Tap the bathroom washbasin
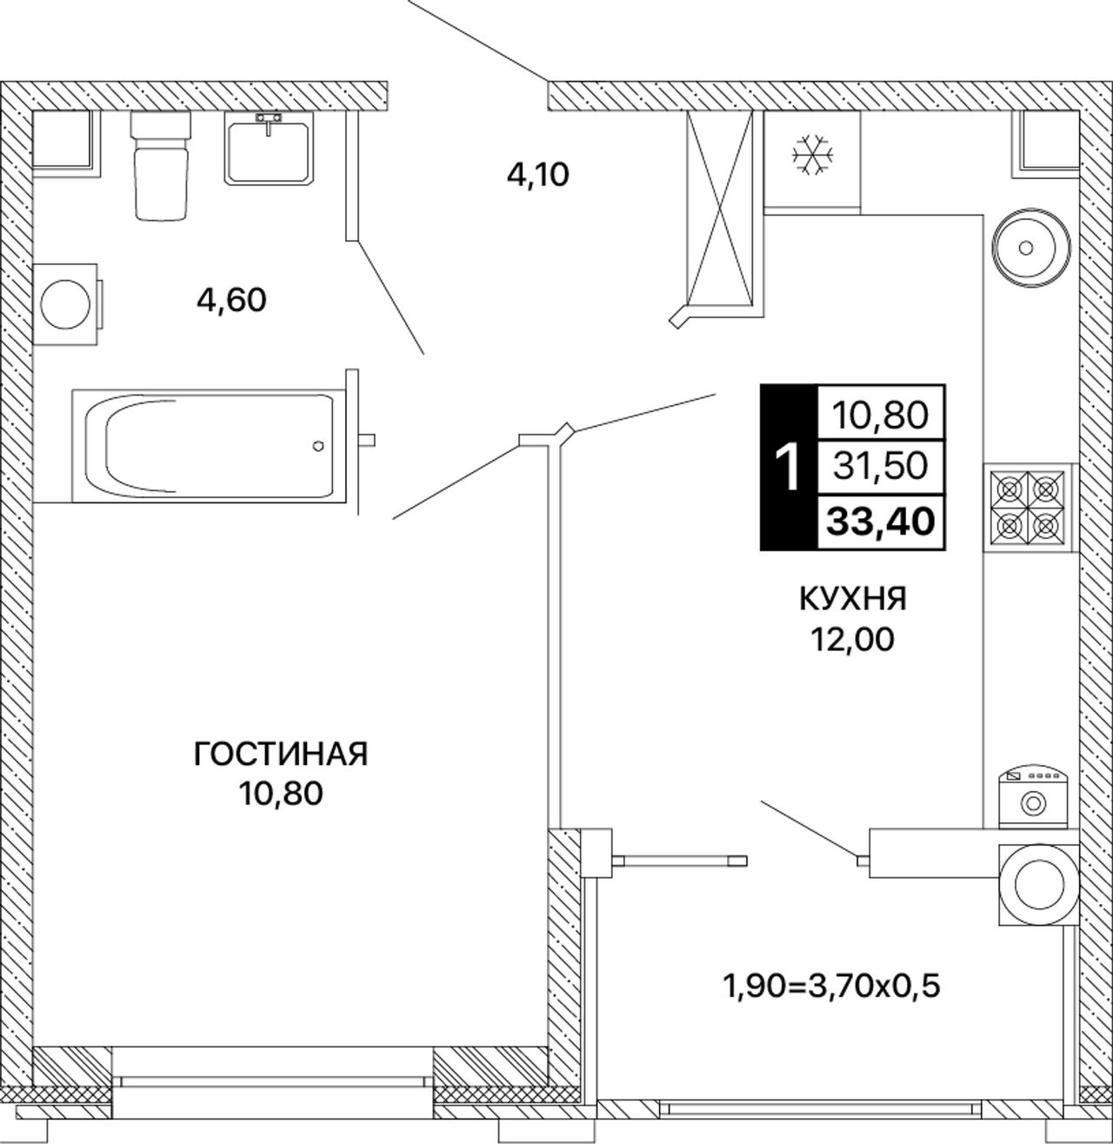pos(269,148)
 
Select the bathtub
pos(209,445)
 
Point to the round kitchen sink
pos(1027,248)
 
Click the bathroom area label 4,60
pos(231,301)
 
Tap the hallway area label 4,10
pos(538,175)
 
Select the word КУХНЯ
pos(852,600)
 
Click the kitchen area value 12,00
pos(852,639)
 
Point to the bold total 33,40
pos(881,521)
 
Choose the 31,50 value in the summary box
pos(881,466)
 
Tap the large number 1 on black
pos(788,468)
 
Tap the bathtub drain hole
pos(318,446)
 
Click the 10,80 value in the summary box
pos(881,415)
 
